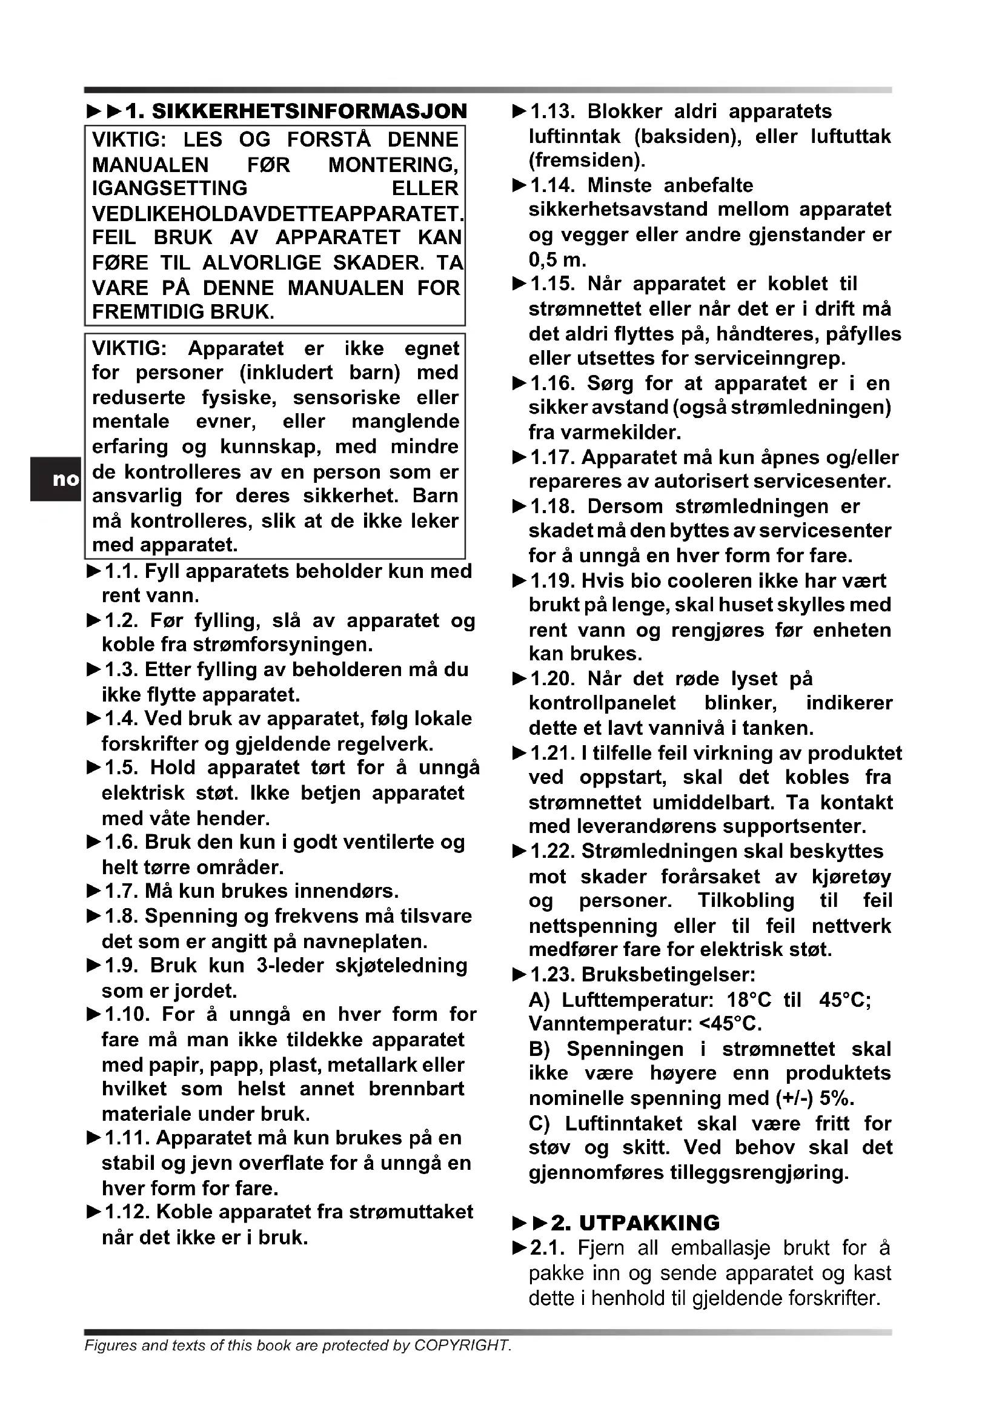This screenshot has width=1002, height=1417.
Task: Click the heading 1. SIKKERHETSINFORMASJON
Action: tap(296, 111)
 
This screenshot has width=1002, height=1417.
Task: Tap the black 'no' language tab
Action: tap(56, 479)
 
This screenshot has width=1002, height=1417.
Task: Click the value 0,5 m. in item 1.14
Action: tap(557, 259)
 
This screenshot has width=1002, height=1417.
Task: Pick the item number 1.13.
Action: tap(552, 111)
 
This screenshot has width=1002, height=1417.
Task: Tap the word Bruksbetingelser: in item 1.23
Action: tap(669, 975)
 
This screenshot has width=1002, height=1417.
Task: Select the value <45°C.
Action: tap(731, 1024)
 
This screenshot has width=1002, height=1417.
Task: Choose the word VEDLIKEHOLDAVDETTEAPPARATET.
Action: tap(277, 213)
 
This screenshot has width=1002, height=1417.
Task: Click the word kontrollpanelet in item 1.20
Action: tap(602, 703)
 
